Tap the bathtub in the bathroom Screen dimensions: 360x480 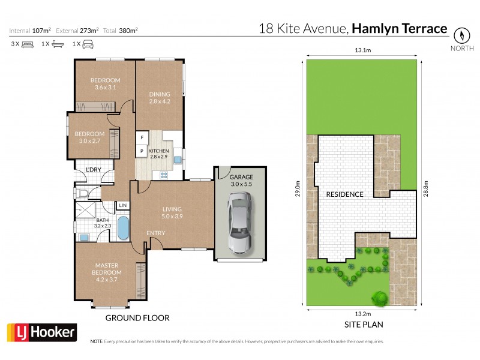[x=123, y=228]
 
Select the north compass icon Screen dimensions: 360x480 [x=461, y=35]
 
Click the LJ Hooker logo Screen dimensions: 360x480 [x=41, y=332]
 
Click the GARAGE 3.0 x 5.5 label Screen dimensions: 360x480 [x=241, y=181]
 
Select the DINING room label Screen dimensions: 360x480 [x=160, y=98]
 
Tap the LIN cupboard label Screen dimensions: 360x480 [x=122, y=206]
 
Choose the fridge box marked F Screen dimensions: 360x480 [x=142, y=138]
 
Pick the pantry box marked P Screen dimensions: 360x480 [x=142, y=151]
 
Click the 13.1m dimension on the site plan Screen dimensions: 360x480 [x=361, y=51]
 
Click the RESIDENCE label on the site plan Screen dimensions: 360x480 [x=344, y=194]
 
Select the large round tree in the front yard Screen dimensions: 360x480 [x=379, y=296]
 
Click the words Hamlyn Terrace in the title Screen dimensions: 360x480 [x=400, y=28]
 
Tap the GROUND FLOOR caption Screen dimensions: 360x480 [x=137, y=318]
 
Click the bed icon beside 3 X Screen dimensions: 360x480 [x=28, y=44]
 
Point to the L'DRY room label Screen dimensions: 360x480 [x=94, y=170]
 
